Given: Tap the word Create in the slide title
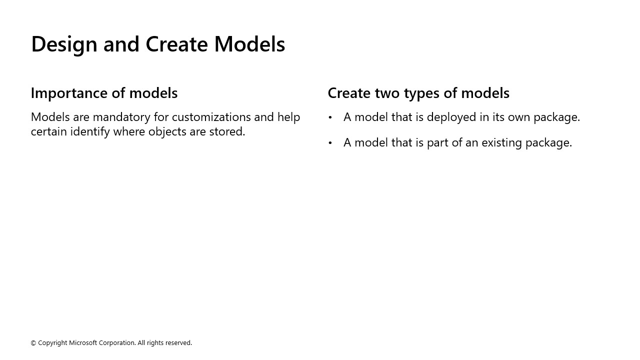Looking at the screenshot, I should click(x=176, y=44).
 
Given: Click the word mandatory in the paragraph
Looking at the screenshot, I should click(x=122, y=117).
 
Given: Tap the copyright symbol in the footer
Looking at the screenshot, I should click(x=33, y=343).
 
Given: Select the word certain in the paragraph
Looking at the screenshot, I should click(x=48, y=131).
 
